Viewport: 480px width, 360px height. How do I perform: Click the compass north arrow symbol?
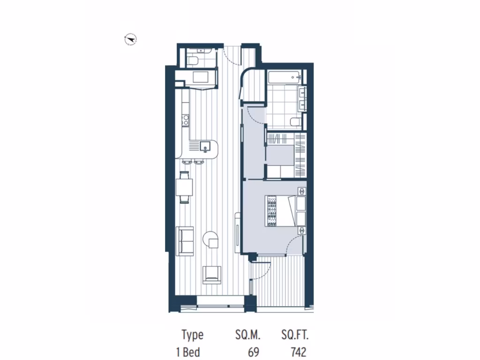130,40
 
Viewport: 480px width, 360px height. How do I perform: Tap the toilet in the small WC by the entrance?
193,60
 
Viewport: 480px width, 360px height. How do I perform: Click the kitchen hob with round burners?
185,120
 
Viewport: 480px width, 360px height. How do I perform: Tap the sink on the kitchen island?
205,147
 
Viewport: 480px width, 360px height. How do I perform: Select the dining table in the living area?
184,187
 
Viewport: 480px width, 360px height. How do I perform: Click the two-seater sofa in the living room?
185,241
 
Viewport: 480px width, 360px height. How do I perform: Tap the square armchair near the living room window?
211,274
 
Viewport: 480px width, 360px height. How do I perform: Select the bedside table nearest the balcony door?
302,230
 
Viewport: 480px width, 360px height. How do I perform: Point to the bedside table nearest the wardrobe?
302,191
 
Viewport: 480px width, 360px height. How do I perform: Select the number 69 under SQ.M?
254,352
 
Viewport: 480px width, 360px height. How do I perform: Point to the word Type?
193,335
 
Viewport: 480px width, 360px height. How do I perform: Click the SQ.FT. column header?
295,335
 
